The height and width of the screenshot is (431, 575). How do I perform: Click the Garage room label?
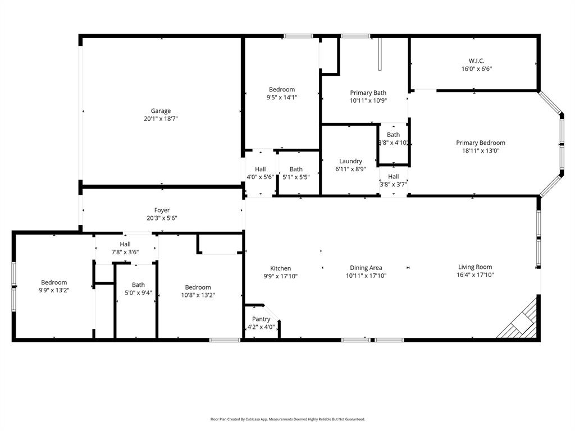click(161, 111)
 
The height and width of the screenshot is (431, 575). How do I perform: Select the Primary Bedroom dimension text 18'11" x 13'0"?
click(480, 150)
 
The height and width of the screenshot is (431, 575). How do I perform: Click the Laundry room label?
click(350, 161)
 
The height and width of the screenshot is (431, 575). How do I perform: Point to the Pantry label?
click(261, 319)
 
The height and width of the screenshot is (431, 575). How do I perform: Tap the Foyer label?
click(162, 210)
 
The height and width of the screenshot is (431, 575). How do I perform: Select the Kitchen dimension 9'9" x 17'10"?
click(281, 276)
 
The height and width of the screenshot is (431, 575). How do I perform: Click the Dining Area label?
click(366, 268)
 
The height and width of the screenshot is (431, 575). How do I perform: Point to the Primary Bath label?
click(368, 93)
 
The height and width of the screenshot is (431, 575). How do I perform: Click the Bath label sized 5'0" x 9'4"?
click(138, 285)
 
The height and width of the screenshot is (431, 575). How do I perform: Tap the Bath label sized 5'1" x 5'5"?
click(296, 169)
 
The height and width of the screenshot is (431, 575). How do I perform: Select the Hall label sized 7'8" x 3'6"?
click(125, 244)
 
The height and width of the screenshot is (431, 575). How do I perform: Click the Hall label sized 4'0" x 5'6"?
click(261, 169)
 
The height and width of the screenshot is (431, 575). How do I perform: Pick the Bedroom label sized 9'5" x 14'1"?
click(282, 89)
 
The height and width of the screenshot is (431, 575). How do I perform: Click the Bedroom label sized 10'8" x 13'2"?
click(198, 287)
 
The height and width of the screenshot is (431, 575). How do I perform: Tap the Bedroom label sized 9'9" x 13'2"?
click(54, 282)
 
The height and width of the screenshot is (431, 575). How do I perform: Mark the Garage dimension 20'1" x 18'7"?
click(161, 119)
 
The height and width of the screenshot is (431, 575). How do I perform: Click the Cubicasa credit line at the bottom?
click(287, 419)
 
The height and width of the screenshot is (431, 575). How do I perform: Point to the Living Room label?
click(475, 267)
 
